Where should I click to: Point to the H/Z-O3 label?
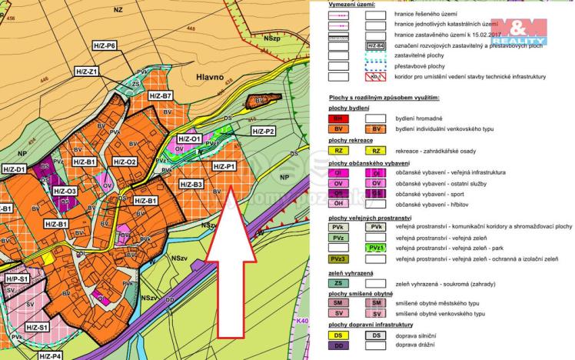64,191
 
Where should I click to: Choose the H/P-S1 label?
17,278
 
